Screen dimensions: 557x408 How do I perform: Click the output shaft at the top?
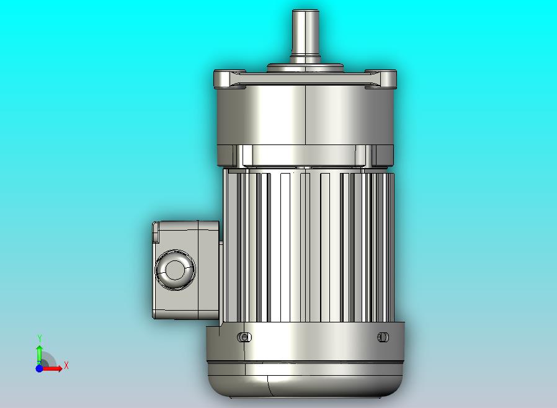305,35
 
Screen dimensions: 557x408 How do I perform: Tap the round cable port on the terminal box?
175,270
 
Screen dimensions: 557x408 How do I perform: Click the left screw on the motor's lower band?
244,337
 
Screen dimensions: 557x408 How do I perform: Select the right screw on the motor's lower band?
383,337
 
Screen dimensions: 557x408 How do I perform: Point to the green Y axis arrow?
40,353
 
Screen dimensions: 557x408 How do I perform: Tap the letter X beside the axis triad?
66,365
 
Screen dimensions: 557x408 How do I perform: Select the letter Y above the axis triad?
40,338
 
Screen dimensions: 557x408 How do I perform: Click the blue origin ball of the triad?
40,368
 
